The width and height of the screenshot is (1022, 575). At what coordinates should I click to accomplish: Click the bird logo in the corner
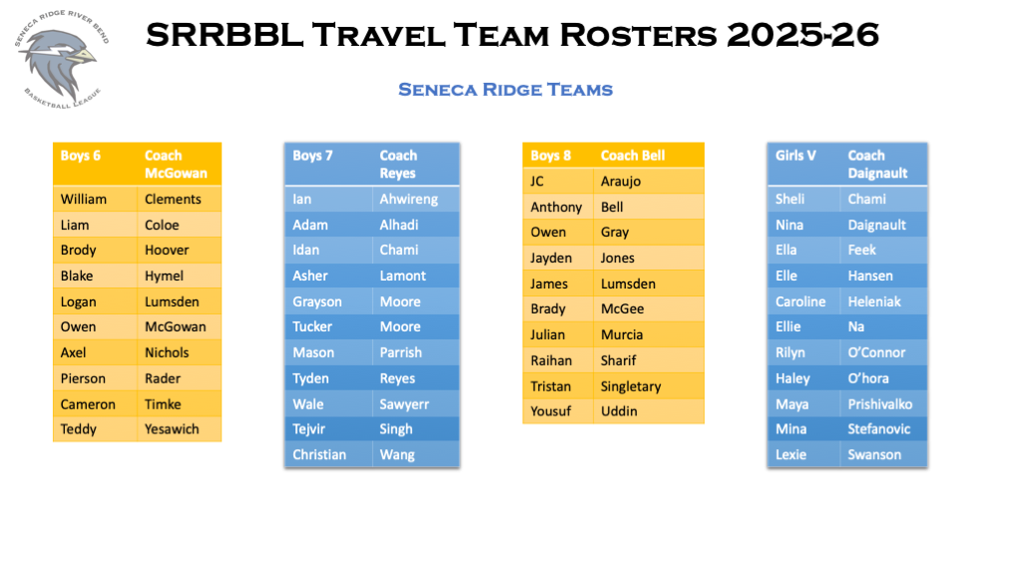tap(61, 59)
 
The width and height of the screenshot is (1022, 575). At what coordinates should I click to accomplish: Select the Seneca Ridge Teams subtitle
tap(506, 89)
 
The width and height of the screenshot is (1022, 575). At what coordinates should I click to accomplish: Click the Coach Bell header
tap(632, 156)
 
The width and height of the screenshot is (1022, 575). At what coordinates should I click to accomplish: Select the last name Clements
tap(173, 199)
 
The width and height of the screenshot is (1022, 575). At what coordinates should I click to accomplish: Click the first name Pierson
tap(83, 378)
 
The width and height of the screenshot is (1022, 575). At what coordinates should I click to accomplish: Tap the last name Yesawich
tap(172, 429)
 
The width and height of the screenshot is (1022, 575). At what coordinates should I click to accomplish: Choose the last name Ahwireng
tap(408, 200)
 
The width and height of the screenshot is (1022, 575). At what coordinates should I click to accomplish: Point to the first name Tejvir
tap(308, 429)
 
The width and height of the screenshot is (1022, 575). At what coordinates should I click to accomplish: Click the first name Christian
tap(318, 454)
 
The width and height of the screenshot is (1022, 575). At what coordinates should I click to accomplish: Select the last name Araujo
tap(621, 182)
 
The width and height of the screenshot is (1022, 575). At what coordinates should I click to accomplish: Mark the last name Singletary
tap(631, 386)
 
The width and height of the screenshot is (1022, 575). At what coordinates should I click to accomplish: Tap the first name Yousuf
tap(550, 411)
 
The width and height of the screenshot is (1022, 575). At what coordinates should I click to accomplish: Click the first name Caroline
tap(799, 301)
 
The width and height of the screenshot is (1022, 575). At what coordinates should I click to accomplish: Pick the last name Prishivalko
tap(879, 404)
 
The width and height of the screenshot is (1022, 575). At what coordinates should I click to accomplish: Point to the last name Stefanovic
tap(878, 429)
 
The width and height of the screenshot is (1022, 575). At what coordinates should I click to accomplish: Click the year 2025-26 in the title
tap(803, 35)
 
